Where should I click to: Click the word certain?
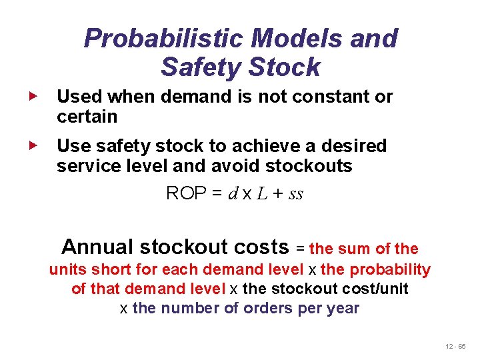click(87, 117)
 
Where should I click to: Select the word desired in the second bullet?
click(353, 146)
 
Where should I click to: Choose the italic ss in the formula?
click(296, 194)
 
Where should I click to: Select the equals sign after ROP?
click(215, 194)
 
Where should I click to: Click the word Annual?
click(98, 247)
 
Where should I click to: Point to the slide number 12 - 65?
click(457, 347)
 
